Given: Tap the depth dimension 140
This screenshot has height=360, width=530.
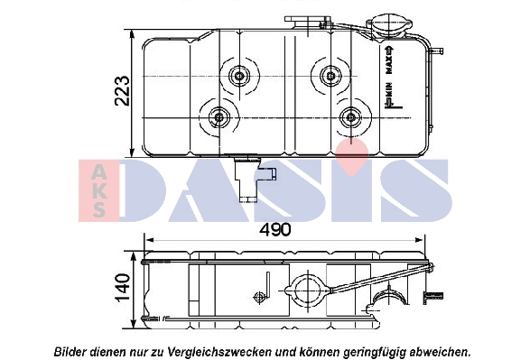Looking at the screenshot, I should pos(124,288).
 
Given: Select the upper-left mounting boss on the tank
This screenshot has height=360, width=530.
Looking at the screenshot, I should pos(240,76).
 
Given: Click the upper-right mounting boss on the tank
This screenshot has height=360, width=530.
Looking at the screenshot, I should pos(326,75).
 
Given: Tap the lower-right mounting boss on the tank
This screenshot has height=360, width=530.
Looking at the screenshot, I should pos(352,116).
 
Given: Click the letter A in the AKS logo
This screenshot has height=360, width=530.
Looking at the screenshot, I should pos(98,171).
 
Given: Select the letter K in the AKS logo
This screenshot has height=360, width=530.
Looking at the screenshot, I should pos(98,190).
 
